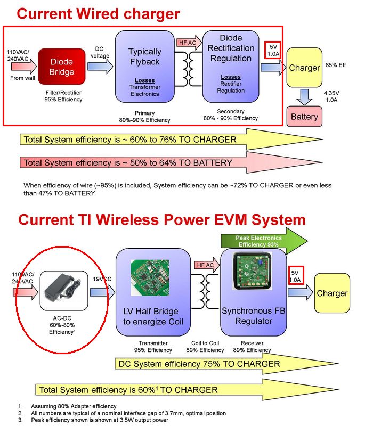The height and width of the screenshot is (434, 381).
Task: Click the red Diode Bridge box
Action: point(62,67)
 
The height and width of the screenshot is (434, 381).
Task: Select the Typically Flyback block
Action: point(144,67)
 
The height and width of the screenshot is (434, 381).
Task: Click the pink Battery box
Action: point(304,117)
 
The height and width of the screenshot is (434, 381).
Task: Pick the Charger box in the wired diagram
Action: point(304,68)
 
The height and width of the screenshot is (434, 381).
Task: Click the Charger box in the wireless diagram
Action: point(332,293)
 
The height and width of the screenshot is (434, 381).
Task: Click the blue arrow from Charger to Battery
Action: point(304,97)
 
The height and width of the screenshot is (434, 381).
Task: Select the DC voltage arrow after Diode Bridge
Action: point(100,66)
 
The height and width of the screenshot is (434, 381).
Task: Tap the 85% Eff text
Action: point(336,65)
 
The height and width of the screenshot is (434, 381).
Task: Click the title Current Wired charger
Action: point(98,14)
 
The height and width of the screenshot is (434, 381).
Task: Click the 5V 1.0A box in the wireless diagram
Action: point(295,275)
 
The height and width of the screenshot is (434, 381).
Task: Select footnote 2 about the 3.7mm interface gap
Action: point(128,413)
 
